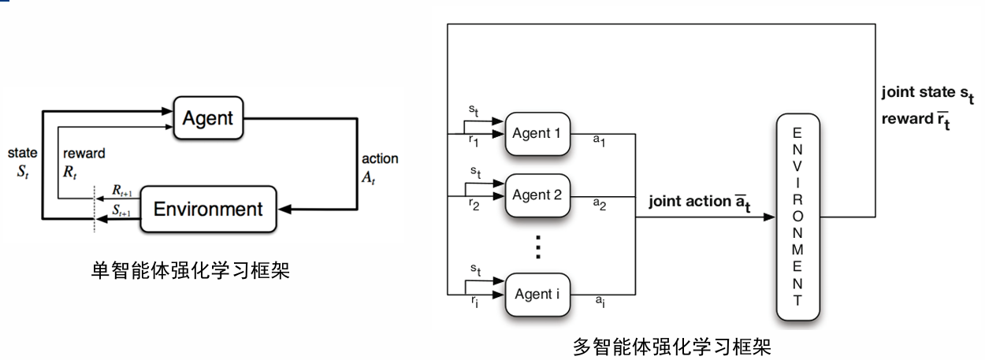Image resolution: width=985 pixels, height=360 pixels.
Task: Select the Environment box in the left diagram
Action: coord(207,209)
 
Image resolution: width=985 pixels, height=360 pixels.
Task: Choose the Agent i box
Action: coord(536,294)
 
